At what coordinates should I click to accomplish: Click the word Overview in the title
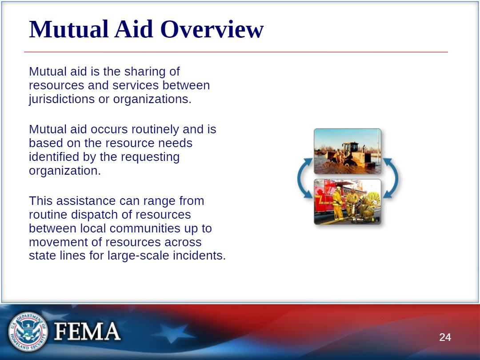[212, 29]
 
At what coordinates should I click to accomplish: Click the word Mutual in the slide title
[69, 29]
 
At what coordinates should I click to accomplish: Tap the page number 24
[445, 337]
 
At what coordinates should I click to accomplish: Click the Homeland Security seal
[28, 332]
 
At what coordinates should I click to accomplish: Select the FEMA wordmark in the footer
[87, 331]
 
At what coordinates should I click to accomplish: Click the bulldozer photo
[348, 151]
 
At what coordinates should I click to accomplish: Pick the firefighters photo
[348, 202]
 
